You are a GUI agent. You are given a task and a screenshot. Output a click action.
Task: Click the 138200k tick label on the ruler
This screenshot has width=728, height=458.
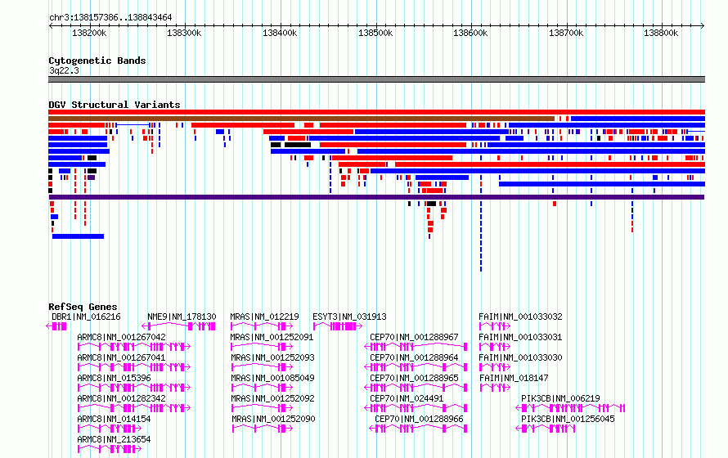point(89,33)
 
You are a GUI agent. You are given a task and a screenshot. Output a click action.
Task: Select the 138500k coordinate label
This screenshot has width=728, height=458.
point(375,33)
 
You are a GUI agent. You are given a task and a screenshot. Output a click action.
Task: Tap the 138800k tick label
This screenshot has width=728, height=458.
point(661,33)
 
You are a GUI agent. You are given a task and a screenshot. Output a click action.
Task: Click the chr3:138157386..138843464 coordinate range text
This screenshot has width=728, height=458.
point(110,17)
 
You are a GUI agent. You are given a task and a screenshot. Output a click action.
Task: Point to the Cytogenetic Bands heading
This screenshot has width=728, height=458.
point(97,61)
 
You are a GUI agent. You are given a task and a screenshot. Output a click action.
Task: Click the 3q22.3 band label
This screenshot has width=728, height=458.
point(64,70)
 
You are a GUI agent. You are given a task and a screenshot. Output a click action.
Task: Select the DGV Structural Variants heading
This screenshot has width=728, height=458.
point(115,105)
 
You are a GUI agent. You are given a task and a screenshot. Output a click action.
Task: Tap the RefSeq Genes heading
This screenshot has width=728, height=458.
point(83,307)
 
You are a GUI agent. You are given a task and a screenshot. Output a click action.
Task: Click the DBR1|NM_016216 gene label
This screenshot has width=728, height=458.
point(86,317)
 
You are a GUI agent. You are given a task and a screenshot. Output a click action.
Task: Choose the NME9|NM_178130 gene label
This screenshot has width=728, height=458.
point(182,317)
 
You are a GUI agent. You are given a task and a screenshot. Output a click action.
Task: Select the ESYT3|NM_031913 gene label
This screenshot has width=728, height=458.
point(349,317)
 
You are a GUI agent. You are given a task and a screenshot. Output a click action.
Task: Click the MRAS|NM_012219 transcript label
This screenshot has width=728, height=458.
point(265,317)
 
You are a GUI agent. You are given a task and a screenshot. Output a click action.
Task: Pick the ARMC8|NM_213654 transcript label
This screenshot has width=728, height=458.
point(114,439)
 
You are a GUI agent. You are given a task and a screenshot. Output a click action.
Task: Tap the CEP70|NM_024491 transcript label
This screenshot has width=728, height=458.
point(407,398)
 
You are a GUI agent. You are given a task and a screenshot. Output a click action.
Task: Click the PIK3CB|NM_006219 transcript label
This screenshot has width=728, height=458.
point(560,398)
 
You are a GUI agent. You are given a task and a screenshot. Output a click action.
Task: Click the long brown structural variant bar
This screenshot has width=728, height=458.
point(301,119)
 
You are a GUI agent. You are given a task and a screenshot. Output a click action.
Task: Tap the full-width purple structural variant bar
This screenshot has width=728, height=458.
point(376,197)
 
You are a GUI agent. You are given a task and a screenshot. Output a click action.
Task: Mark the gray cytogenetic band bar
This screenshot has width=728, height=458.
point(376,79)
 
